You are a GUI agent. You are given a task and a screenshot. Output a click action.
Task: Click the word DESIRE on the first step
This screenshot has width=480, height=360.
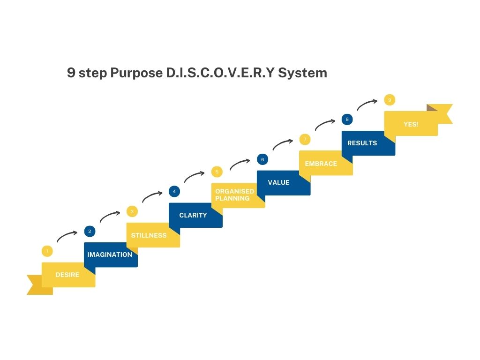coord(67,275)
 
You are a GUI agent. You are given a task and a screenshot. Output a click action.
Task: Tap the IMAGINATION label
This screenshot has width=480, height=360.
coord(110,255)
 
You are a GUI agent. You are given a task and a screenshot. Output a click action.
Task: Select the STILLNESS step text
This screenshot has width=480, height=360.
coord(149,235)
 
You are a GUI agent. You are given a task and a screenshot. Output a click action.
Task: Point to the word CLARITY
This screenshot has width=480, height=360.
coord(193,215)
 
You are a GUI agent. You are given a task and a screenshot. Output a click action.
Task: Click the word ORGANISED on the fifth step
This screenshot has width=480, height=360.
coord(234,191)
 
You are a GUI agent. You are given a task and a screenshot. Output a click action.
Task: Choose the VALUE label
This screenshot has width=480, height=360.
coord(278,182)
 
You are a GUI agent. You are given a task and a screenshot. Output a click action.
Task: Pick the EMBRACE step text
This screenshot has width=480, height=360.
coord(321,164)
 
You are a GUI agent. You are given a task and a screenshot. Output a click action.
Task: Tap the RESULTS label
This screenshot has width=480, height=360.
coord(362,143)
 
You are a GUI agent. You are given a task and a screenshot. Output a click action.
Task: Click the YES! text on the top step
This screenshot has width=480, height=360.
coord(411,124)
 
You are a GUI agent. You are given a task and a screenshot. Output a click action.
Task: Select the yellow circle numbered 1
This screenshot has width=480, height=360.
coord(47,251)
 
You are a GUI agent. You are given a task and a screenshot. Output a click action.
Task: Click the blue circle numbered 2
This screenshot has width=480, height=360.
coord(90,231)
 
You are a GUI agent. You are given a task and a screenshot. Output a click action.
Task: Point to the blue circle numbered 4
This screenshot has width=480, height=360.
coord(174,191)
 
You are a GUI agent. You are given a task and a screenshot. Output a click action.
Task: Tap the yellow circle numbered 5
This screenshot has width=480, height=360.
coord(217,172)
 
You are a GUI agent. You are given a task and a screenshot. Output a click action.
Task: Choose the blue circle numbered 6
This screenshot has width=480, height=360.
coord(262,159)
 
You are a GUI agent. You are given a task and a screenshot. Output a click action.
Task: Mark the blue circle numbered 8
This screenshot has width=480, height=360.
coord(347,119)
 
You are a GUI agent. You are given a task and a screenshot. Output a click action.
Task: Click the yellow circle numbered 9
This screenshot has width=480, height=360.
coord(390,100)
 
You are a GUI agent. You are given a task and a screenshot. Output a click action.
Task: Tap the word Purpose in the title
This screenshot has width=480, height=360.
coord(136,73)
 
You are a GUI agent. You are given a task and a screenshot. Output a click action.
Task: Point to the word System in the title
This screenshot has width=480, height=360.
coord(302,73)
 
